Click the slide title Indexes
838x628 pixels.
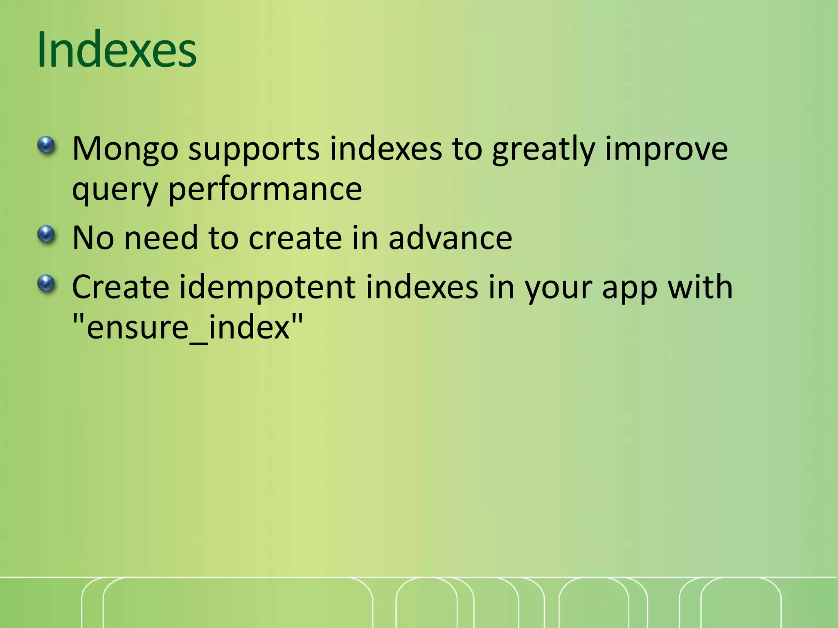pyautogui.click(x=117, y=50)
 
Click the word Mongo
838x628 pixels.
pyautogui.click(x=125, y=149)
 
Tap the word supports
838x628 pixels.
pyautogui.click(x=254, y=149)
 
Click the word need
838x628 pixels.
pyautogui.click(x=161, y=238)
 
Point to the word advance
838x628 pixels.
pyautogui.click(x=450, y=238)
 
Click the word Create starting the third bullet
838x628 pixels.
pyautogui.click(x=120, y=287)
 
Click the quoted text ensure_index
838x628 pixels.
pyautogui.click(x=188, y=328)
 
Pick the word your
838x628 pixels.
pyautogui.click(x=558, y=287)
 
